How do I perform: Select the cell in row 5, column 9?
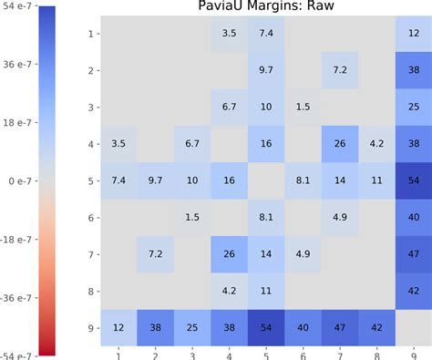click(415, 180)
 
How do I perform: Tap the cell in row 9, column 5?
click(266, 327)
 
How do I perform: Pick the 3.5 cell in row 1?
click(229, 34)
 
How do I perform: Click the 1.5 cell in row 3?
click(303, 107)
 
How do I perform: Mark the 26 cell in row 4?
click(340, 143)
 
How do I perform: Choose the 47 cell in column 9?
click(415, 254)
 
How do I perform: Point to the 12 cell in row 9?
click(118, 327)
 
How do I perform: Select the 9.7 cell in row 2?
click(266, 70)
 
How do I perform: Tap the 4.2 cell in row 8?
click(229, 291)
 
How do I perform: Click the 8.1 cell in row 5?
click(303, 180)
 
